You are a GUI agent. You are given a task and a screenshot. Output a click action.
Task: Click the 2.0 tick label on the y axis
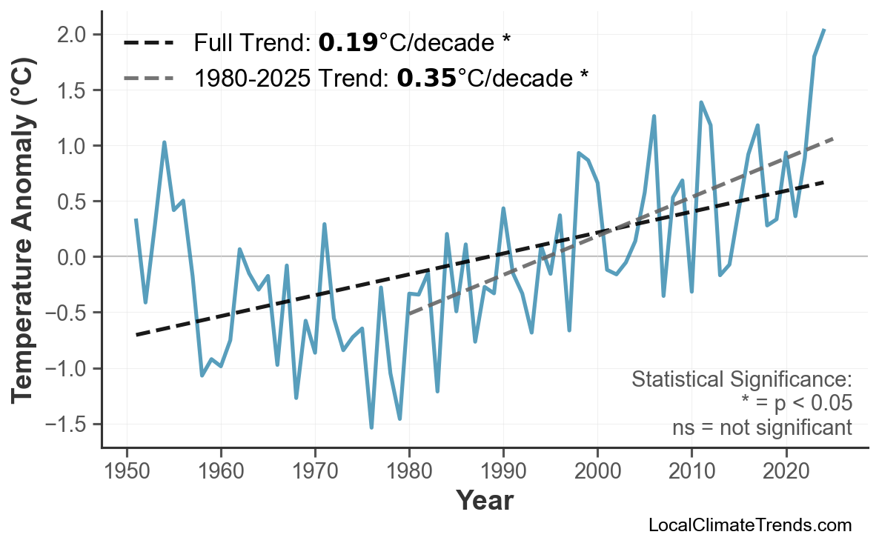click(74, 35)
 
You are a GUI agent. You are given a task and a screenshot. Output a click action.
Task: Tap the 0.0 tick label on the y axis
click(74, 257)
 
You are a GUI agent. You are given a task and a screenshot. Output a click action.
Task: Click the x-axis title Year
click(484, 501)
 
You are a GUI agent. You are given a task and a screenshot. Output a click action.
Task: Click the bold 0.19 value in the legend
click(348, 44)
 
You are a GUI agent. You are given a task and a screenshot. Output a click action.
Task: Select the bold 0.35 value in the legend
click(426, 77)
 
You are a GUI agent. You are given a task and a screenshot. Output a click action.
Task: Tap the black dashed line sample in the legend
click(148, 44)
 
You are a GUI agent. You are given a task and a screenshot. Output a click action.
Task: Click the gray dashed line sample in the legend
click(148, 77)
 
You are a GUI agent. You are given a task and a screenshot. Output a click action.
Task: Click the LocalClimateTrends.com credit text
click(749, 525)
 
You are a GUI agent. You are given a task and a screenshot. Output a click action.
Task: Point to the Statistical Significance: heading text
click(741, 380)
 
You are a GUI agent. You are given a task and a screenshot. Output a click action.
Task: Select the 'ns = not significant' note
click(762, 427)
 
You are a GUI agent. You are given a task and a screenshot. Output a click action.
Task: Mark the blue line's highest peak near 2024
click(824, 30)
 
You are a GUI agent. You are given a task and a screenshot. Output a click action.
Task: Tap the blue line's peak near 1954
click(165, 142)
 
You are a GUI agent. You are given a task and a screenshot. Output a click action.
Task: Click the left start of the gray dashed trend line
click(409, 314)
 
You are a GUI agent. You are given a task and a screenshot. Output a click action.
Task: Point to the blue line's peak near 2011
click(701, 102)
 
